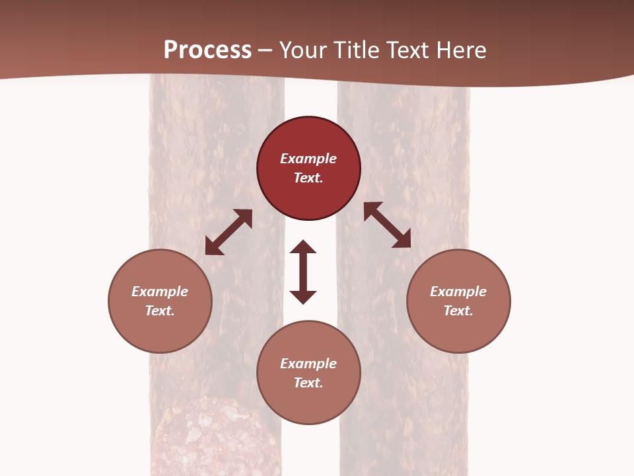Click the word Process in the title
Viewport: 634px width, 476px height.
point(207,50)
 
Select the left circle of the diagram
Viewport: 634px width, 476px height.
point(160,301)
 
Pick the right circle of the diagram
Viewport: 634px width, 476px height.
point(458,301)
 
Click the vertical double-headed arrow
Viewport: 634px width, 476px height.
point(303,272)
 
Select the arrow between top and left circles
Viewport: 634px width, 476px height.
point(229,232)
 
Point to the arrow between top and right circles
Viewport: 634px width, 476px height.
point(388,225)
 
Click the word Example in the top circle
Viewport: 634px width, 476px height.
point(308,159)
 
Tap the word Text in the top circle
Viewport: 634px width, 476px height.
point(308,178)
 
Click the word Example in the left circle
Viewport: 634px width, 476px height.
point(160,292)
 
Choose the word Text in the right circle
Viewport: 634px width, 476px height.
point(458,311)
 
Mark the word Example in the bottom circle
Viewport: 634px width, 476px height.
point(308,364)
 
